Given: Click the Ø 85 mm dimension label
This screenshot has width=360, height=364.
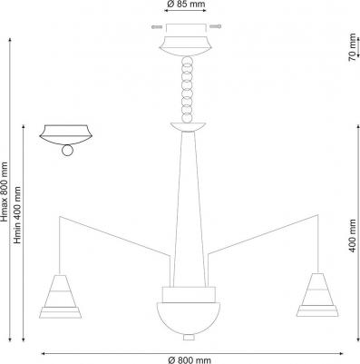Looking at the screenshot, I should point(186,5).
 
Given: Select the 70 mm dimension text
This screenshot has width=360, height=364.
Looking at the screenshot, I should point(352,44).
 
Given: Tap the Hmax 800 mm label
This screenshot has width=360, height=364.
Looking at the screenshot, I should point(5,192).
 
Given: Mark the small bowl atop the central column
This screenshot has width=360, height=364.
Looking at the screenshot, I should point(187,124).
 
